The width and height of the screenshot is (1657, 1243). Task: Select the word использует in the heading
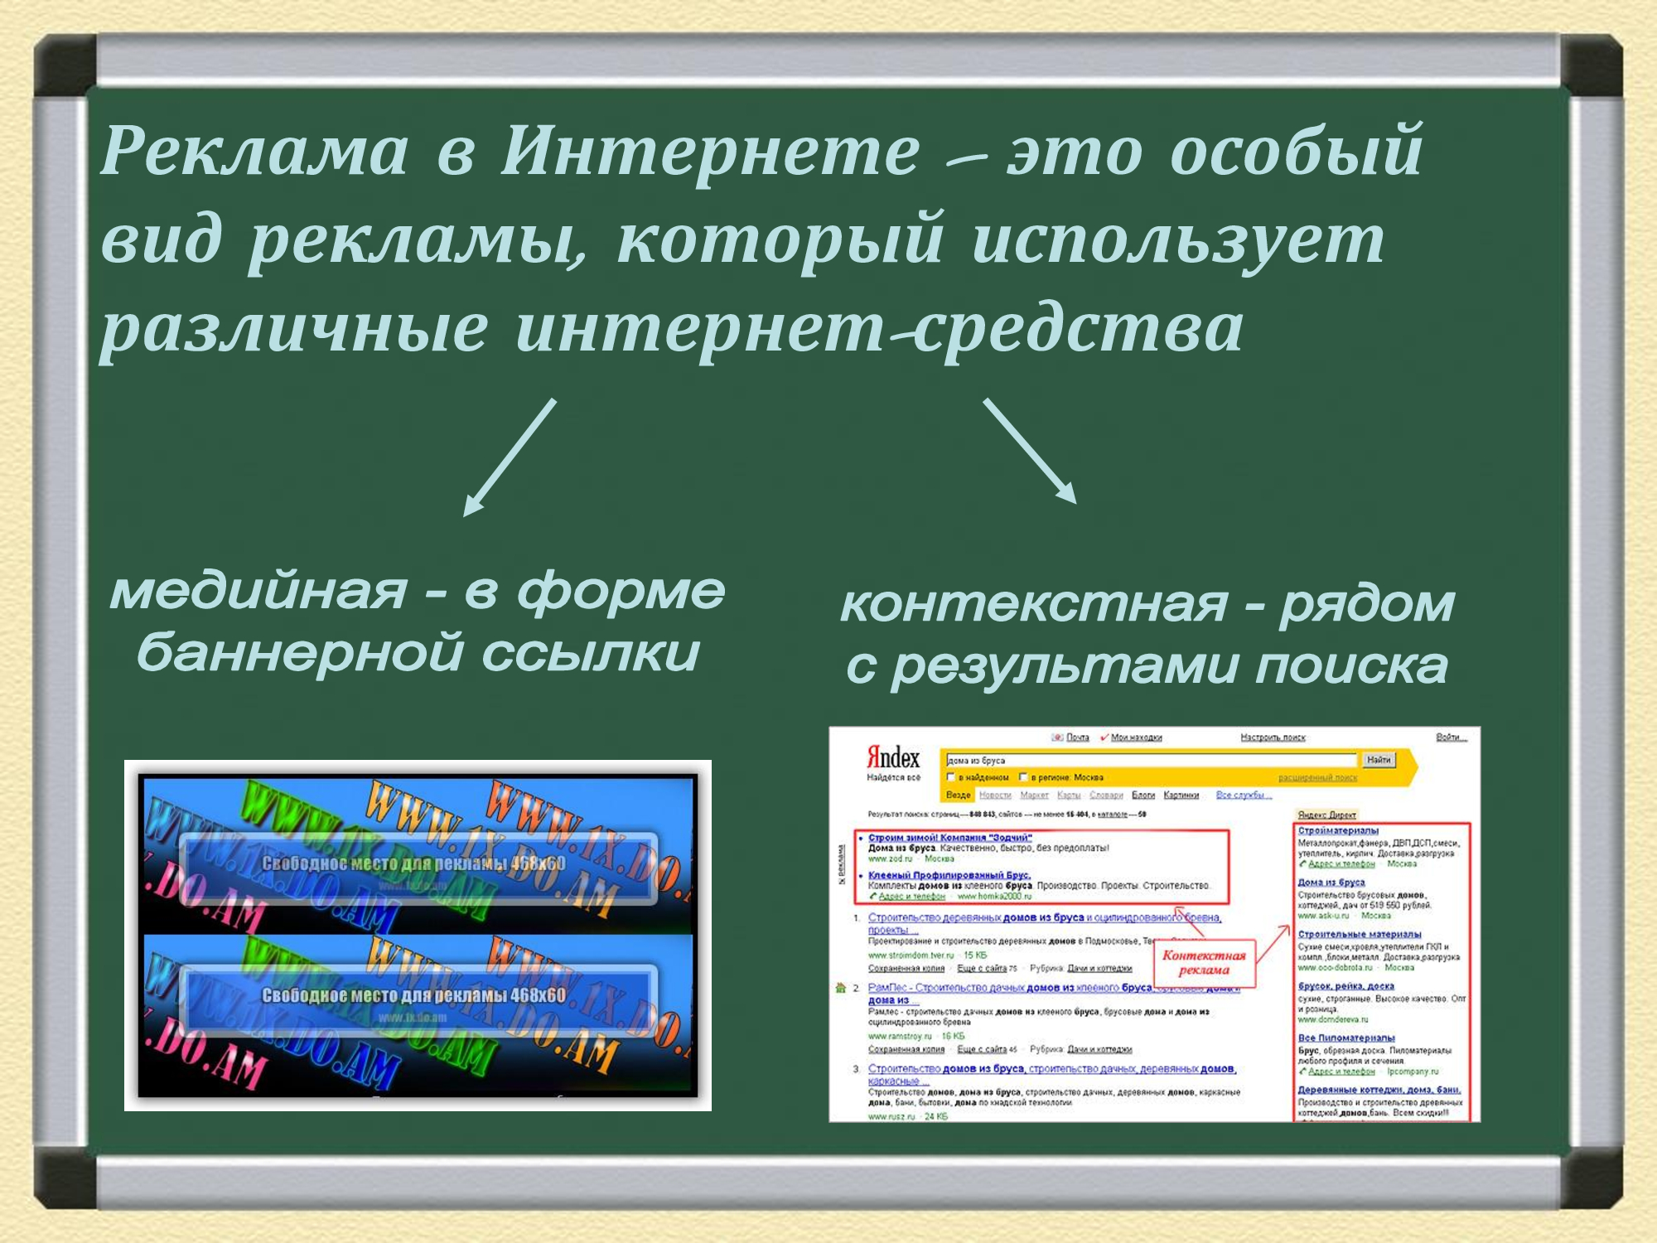click(x=1176, y=240)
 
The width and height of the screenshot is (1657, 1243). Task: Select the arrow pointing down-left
click(x=509, y=458)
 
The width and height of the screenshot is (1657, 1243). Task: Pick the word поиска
click(x=1350, y=666)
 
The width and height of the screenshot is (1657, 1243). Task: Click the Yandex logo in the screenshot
click(x=893, y=757)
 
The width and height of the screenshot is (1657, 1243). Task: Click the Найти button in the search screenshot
click(x=1379, y=760)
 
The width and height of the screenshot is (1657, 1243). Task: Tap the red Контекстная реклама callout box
click(x=1204, y=963)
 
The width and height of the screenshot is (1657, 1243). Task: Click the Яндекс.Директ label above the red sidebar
click(x=1326, y=815)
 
